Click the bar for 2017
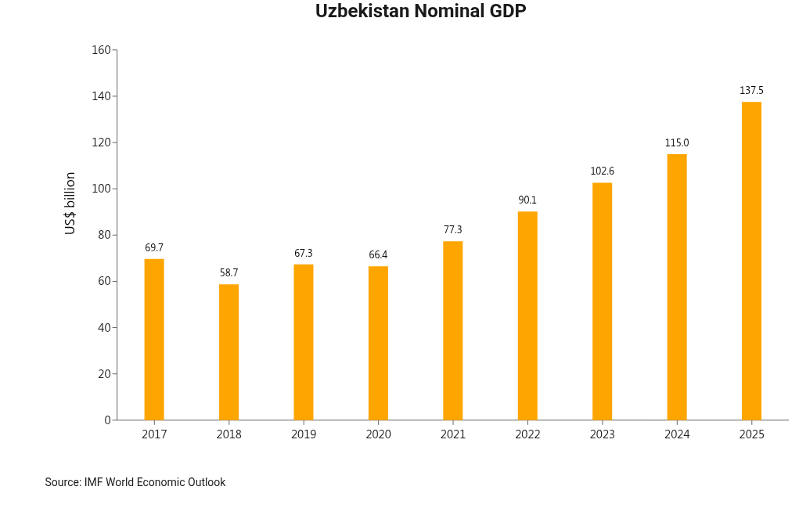[154, 339]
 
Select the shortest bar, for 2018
[229, 351]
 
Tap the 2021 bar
[453, 330]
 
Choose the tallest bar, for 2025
[751, 261]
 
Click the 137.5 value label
[751, 91]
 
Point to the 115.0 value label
[677, 143]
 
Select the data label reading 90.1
[527, 200]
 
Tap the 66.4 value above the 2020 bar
[378, 255]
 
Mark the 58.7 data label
[229, 273]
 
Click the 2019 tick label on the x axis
[304, 434]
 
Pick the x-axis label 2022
[527, 434]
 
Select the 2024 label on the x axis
[677, 434]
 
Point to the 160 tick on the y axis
[101, 50]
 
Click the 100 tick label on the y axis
[101, 189]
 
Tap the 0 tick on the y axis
[107, 420]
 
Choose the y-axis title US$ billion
[70, 204]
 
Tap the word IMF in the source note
[92, 482]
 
